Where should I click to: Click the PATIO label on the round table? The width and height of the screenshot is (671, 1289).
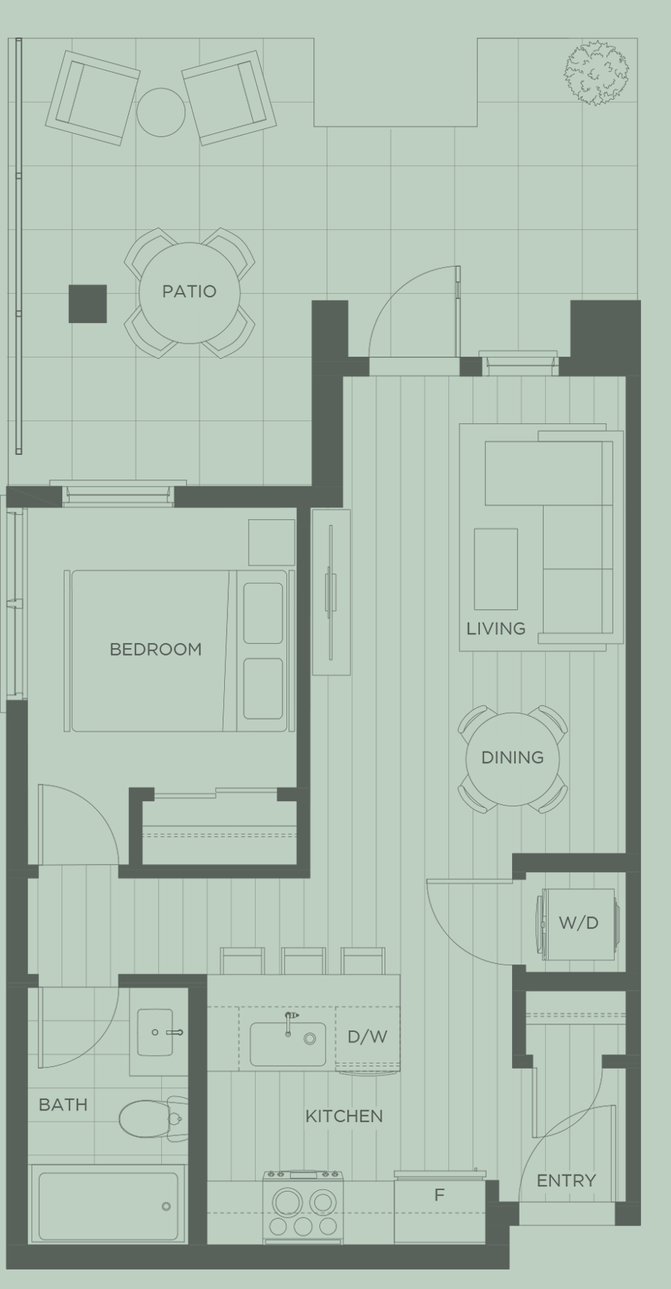coord(189,292)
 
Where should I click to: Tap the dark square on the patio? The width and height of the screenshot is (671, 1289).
coord(88,304)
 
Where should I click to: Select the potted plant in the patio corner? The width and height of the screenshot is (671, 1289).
coord(596,73)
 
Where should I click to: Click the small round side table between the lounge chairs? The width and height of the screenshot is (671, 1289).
coord(160,112)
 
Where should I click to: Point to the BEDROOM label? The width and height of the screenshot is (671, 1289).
coord(156,650)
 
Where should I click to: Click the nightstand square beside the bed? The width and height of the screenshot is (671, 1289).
coord(271,542)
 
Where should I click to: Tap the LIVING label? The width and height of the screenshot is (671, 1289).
coord(496,629)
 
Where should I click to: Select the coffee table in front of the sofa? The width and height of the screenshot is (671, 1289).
coord(496,569)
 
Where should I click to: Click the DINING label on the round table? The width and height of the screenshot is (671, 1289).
coord(512,758)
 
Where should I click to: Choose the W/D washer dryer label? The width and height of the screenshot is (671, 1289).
coord(578,923)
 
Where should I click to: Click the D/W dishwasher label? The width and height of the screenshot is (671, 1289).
coord(367,1037)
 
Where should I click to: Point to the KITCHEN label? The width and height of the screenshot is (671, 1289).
coord(344,1117)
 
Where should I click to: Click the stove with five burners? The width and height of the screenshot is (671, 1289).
coord(303,1210)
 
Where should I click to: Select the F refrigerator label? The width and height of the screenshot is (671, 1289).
coord(439,1195)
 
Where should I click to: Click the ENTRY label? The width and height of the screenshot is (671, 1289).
coord(566,1181)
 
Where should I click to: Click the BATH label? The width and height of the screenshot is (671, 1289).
coord(63,1105)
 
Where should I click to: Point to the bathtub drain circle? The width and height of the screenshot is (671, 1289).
coord(166,1206)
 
